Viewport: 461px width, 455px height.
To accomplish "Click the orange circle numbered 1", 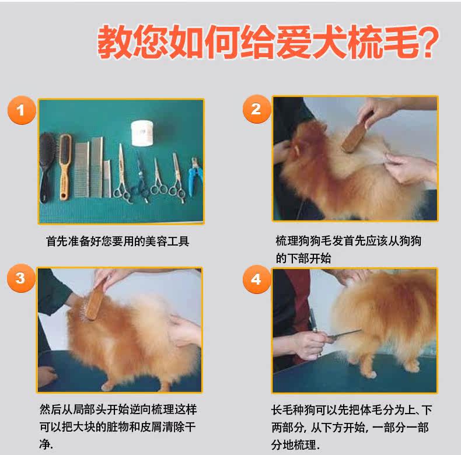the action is tap(22, 110).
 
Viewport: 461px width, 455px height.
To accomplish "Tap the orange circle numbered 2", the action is tap(256, 109).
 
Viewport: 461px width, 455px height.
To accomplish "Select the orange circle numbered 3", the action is tap(21, 278).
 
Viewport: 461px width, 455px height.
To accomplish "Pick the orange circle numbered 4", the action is tap(256, 279).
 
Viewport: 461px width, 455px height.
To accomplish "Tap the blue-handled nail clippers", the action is tap(194, 177).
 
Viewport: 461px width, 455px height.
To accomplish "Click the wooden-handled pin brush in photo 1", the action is tap(65, 167).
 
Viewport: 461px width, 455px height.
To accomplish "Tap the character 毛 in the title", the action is tap(401, 42).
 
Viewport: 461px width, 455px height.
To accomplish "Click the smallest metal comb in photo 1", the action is tap(107, 178).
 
